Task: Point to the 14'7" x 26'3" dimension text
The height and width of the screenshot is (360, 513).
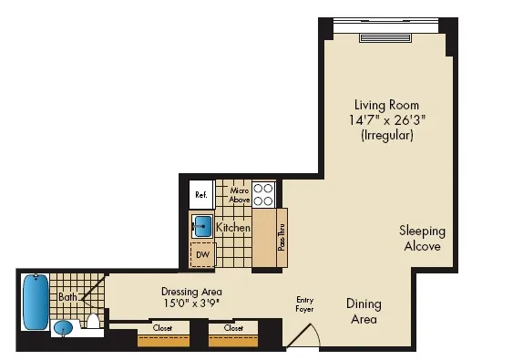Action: click(383, 119)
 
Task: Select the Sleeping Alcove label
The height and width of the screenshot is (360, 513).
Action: click(421, 239)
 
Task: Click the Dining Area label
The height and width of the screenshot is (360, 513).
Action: click(364, 312)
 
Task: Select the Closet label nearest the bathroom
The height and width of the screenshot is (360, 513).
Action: click(162, 327)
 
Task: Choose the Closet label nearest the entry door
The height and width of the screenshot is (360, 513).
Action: click(233, 327)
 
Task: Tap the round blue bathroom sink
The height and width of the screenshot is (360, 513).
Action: click(63, 327)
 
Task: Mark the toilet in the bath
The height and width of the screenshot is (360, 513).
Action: click(93, 322)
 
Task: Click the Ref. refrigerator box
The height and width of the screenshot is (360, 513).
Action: click(200, 194)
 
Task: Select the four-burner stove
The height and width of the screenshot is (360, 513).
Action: click(264, 194)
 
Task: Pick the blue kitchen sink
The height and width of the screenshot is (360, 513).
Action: click(202, 225)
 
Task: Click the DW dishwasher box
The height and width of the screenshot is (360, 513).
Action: click(201, 255)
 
